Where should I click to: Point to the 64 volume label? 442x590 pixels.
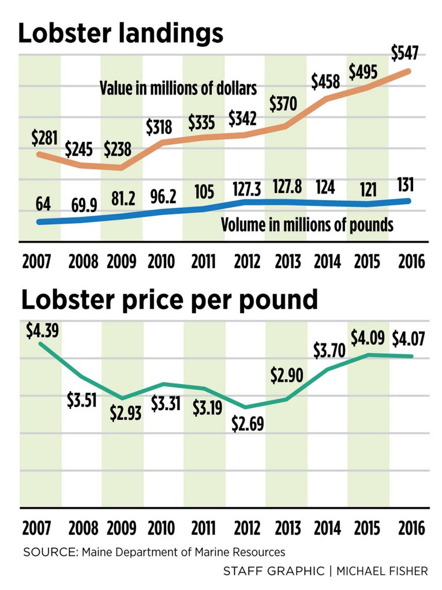[43, 204]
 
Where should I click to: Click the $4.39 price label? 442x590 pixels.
[43, 331]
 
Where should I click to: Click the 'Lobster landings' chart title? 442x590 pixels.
[121, 34]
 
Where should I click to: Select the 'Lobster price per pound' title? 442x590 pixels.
[169, 300]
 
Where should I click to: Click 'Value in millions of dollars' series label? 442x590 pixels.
[178, 89]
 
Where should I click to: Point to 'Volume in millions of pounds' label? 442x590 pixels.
[307, 224]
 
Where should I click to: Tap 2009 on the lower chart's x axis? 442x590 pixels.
[122, 527]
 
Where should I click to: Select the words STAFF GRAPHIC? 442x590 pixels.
[274, 571]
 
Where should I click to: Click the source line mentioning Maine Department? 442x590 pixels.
[154, 552]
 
